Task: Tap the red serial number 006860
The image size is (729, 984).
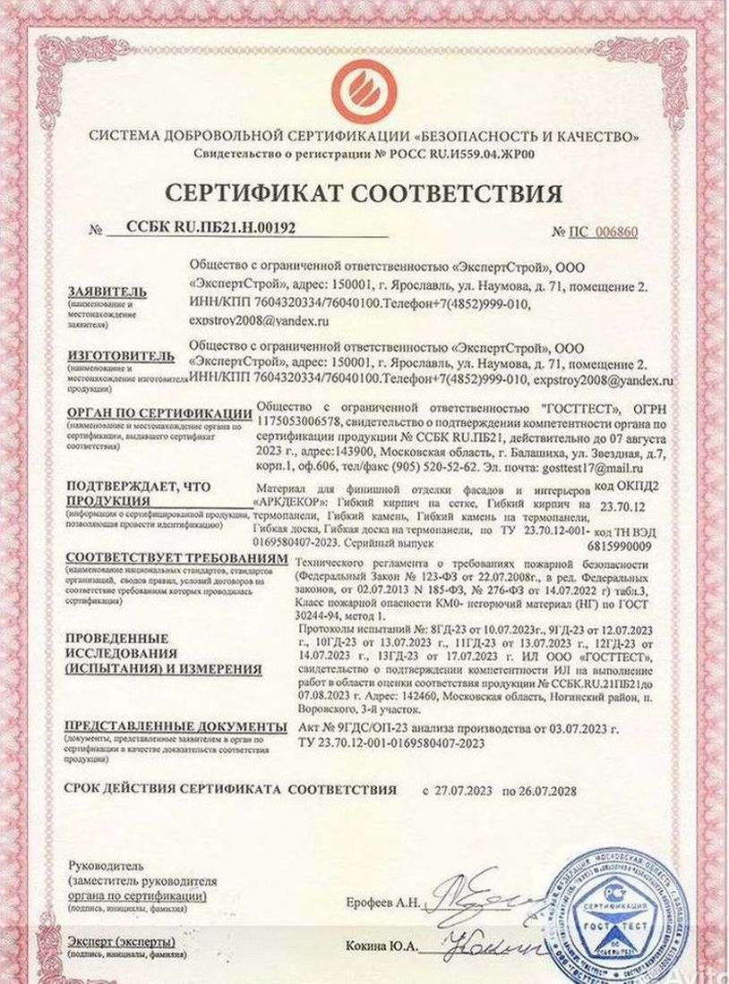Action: [x=616, y=233]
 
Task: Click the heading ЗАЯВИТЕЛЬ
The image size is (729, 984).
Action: [x=106, y=292]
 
